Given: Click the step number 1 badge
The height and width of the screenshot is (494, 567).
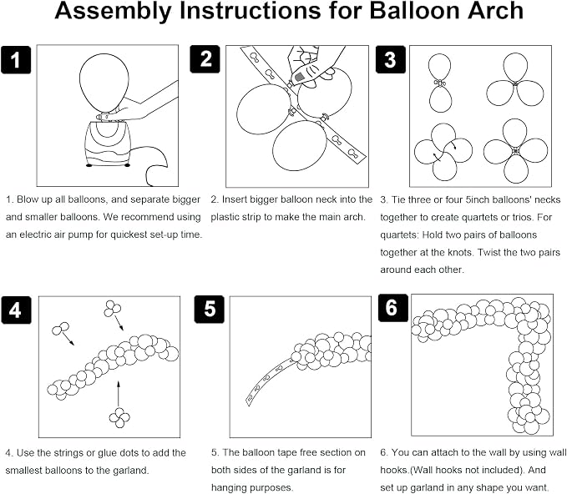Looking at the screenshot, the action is click(16, 59).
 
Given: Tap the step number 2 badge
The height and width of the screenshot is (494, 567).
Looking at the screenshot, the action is click(205, 59).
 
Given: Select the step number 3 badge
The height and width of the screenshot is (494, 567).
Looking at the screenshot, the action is click(391, 59).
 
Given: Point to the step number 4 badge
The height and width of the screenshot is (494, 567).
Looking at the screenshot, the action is click(16, 310).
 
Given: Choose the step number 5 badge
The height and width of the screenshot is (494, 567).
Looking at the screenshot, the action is click(210, 310).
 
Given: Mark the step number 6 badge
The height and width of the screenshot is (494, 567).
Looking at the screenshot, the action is click(393, 308).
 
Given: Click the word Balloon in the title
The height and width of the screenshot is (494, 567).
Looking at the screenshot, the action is click(414, 11).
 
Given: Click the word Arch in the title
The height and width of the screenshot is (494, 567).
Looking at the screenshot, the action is click(495, 11).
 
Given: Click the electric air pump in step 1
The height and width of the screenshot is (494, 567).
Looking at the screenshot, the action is click(107, 144).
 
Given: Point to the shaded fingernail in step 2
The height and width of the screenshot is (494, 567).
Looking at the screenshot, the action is click(299, 77).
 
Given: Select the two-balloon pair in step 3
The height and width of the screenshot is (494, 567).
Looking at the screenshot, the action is click(440, 83).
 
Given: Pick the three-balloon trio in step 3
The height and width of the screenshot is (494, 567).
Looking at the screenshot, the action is click(515, 80).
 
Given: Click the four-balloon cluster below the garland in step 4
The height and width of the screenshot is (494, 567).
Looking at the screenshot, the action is click(119, 418).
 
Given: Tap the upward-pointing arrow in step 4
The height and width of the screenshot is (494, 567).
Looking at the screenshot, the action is click(119, 393).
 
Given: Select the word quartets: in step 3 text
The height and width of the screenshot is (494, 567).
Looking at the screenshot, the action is click(400, 235).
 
